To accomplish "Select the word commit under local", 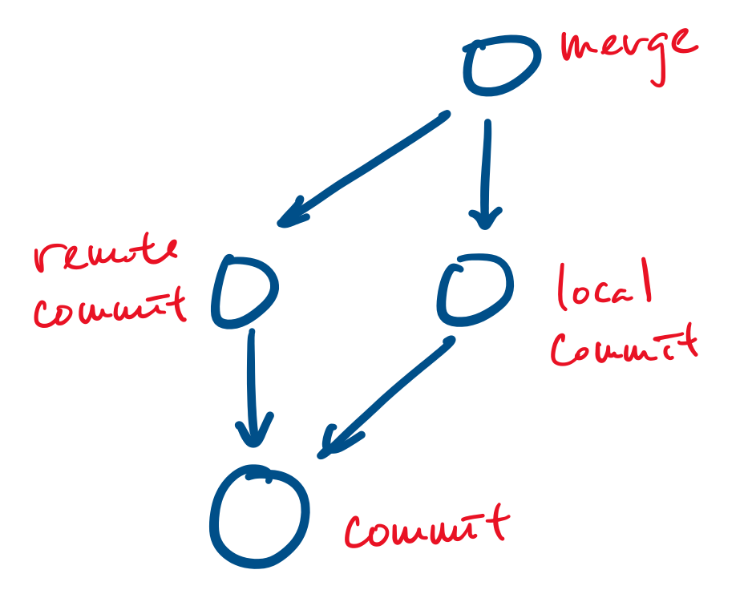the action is tap(624, 346).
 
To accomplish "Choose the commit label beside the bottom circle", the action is tap(426, 527).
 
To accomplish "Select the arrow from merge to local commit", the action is tap(486, 172).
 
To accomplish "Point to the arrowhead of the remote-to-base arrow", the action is tap(253, 432).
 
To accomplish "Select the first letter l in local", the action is tap(562, 287).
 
